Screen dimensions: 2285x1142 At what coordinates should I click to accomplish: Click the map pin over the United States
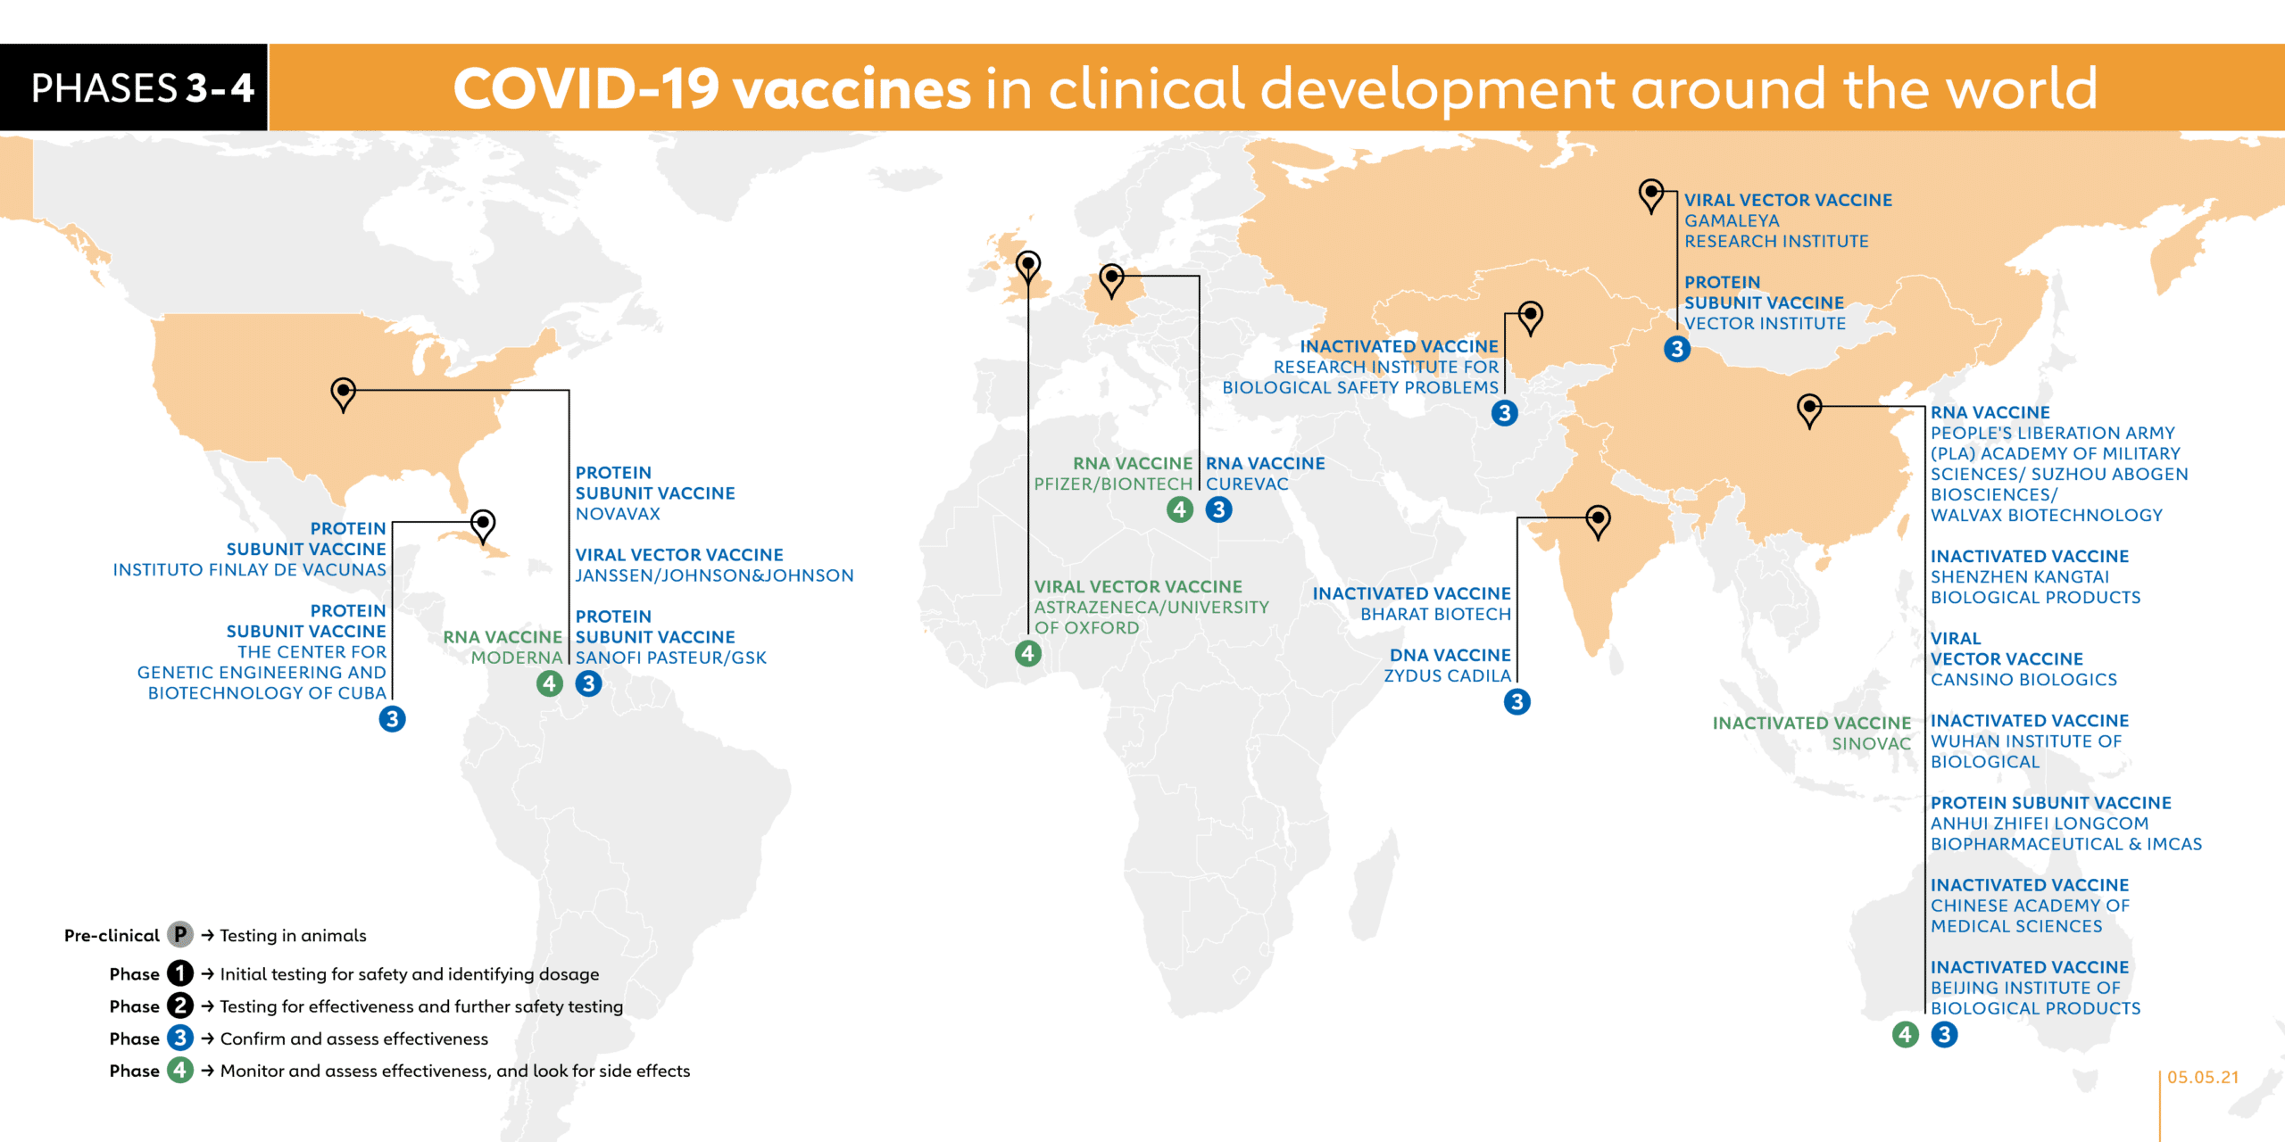pyautogui.click(x=343, y=393)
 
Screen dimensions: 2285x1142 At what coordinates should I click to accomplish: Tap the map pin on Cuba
pyautogui.click(x=483, y=525)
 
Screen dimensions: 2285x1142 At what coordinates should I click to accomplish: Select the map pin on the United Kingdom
pyautogui.click(x=1028, y=267)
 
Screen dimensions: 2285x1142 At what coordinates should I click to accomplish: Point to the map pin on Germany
pyautogui.click(x=1111, y=280)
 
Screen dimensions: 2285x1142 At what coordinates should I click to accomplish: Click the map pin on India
pyautogui.click(x=1598, y=522)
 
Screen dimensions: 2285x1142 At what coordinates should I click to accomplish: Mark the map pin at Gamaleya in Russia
pyautogui.click(x=1651, y=195)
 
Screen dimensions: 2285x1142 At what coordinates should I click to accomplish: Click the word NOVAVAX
pyautogui.click(x=618, y=514)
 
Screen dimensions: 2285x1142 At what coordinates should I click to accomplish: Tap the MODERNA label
pyautogui.click(x=517, y=658)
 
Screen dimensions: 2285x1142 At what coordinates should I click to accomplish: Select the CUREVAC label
pyautogui.click(x=1247, y=484)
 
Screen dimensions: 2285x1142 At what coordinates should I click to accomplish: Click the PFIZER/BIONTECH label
pyautogui.click(x=1113, y=484)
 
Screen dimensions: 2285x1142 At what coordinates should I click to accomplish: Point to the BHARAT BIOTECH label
pyautogui.click(x=1435, y=614)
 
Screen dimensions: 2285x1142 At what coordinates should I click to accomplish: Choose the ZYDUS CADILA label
pyautogui.click(x=1447, y=675)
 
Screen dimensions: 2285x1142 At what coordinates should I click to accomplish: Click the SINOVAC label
pyautogui.click(x=1871, y=743)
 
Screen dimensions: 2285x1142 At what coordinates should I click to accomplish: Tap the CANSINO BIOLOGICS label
pyautogui.click(x=2023, y=679)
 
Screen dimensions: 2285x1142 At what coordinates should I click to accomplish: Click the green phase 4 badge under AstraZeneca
pyautogui.click(x=1028, y=654)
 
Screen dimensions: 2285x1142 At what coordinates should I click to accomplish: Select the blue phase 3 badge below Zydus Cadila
pyautogui.click(x=1516, y=702)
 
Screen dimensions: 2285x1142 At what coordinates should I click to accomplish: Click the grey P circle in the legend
pyautogui.click(x=180, y=934)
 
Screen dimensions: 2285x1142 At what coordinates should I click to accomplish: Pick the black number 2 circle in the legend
pyautogui.click(x=180, y=1005)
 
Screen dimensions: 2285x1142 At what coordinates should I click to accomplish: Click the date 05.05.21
pyautogui.click(x=2203, y=1077)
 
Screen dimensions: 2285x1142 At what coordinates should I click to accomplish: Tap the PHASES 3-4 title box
pyautogui.click(x=134, y=87)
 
